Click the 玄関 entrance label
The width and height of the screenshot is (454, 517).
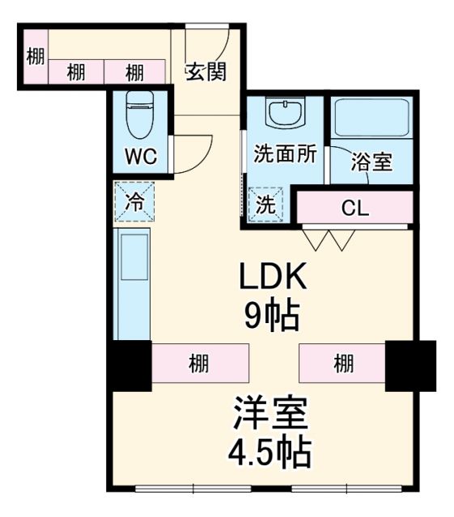(x=206, y=71)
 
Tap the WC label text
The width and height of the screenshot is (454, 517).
(x=139, y=155)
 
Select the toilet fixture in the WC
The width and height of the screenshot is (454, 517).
(x=140, y=115)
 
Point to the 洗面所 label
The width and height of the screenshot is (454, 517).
(x=284, y=153)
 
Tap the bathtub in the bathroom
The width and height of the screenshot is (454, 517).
(x=371, y=119)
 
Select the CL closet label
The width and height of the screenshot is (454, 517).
(x=354, y=208)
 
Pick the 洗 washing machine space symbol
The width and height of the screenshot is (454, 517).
(x=265, y=204)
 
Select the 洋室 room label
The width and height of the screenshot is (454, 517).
(x=270, y=414)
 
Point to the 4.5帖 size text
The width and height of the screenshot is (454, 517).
(x=270, y=452)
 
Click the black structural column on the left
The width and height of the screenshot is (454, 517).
(x=129, y=366)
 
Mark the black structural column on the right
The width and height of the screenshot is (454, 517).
(x=410, y=365)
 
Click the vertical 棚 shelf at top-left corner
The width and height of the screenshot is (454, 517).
(x=33, y=57)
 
